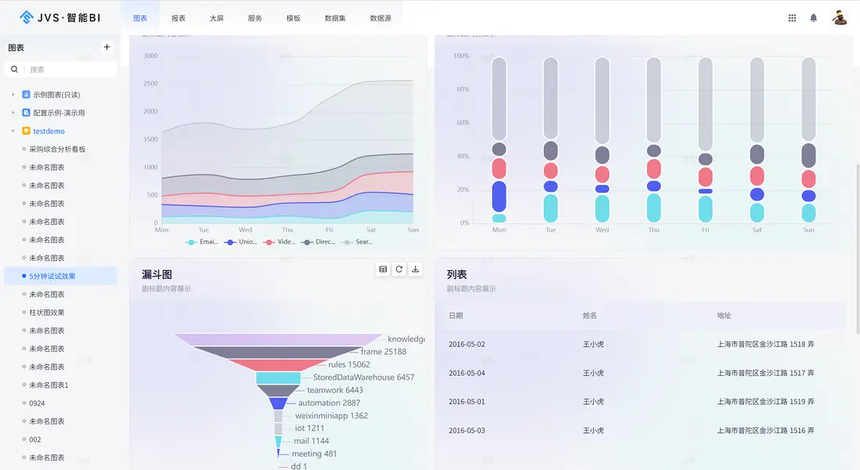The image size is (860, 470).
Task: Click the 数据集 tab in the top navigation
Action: pos(334,18)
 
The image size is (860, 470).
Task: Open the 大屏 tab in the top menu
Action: pos(216,18)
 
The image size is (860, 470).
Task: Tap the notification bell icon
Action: pos(814,18)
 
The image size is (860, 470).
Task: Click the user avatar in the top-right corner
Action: pos(840,17)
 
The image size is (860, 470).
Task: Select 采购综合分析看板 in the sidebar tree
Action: pos(57,149)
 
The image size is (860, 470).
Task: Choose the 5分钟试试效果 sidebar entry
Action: pos(52,276)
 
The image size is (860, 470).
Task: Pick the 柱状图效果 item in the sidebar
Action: pos(47,313)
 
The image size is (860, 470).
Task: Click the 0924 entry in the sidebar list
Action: pos(36,403)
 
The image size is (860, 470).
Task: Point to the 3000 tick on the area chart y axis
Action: pos(150,56)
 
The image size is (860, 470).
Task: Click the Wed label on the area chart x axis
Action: pos(245,230)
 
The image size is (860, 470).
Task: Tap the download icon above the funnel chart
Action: pos(415,269)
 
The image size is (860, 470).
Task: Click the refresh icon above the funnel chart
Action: pos(399,269)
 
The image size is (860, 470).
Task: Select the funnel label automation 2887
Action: pos(329,403)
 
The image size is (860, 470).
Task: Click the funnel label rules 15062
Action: pos(349,364)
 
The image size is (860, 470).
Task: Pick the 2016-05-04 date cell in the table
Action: pos(467,373)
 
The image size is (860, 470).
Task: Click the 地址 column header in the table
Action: pos(724,316)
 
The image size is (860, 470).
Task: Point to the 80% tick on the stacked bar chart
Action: pos(461,89)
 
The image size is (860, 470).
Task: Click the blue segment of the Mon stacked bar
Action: pos(499,197)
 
